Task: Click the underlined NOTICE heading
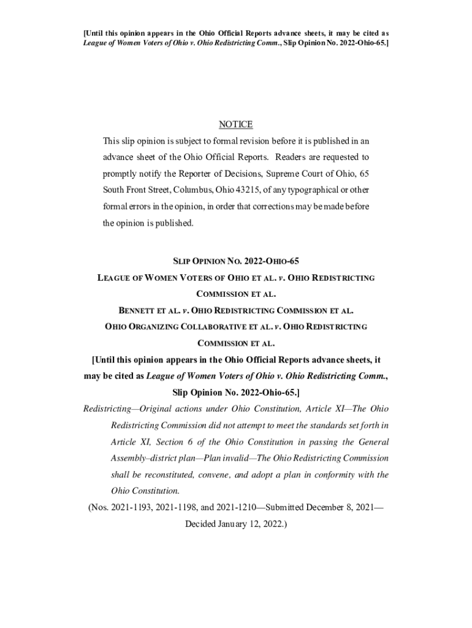point(236,124)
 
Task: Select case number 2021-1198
point(178,508)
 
